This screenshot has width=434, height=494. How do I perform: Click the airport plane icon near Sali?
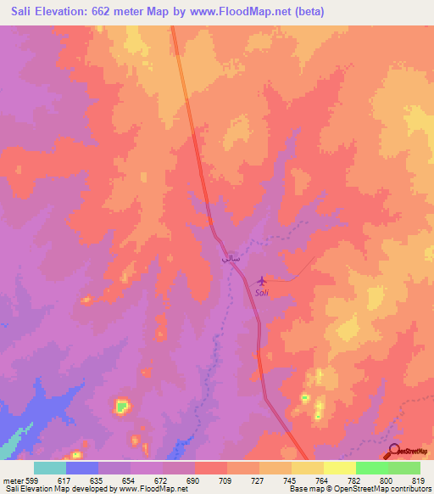click(260, 279)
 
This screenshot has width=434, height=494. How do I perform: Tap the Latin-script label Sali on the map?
click(262, 293)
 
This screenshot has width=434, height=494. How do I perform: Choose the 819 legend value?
click(418, 480)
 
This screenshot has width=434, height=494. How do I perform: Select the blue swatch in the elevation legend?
click(82, 468)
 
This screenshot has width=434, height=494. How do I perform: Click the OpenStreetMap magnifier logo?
click(394, 451)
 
